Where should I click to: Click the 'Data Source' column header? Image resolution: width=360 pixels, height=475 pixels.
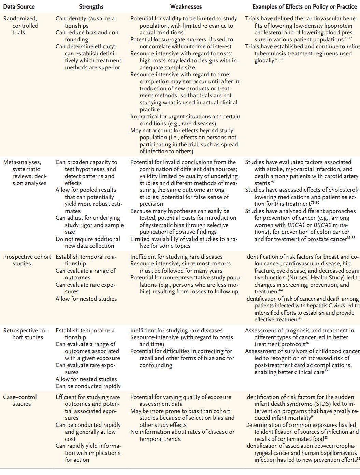[19, 6]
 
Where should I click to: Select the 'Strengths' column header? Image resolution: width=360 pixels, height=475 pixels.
[91, 6]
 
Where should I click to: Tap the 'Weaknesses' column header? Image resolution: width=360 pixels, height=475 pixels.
[186, 6]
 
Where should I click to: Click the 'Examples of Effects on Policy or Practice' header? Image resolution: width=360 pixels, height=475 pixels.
[304, 6]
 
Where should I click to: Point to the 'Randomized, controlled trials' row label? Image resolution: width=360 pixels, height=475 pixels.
[20, 26]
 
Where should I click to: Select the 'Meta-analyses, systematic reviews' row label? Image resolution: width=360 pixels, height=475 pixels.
[25, 173]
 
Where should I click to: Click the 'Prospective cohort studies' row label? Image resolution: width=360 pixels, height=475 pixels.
[27, 260]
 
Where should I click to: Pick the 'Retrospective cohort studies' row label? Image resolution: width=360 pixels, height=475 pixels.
[25, 334]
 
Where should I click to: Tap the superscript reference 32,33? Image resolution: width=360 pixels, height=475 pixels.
[278, 59]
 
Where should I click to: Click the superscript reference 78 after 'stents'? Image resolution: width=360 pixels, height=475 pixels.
[272, 182]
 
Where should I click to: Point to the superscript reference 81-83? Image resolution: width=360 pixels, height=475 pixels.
[351, 237]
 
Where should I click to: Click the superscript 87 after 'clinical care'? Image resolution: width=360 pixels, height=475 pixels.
[326, 371]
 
